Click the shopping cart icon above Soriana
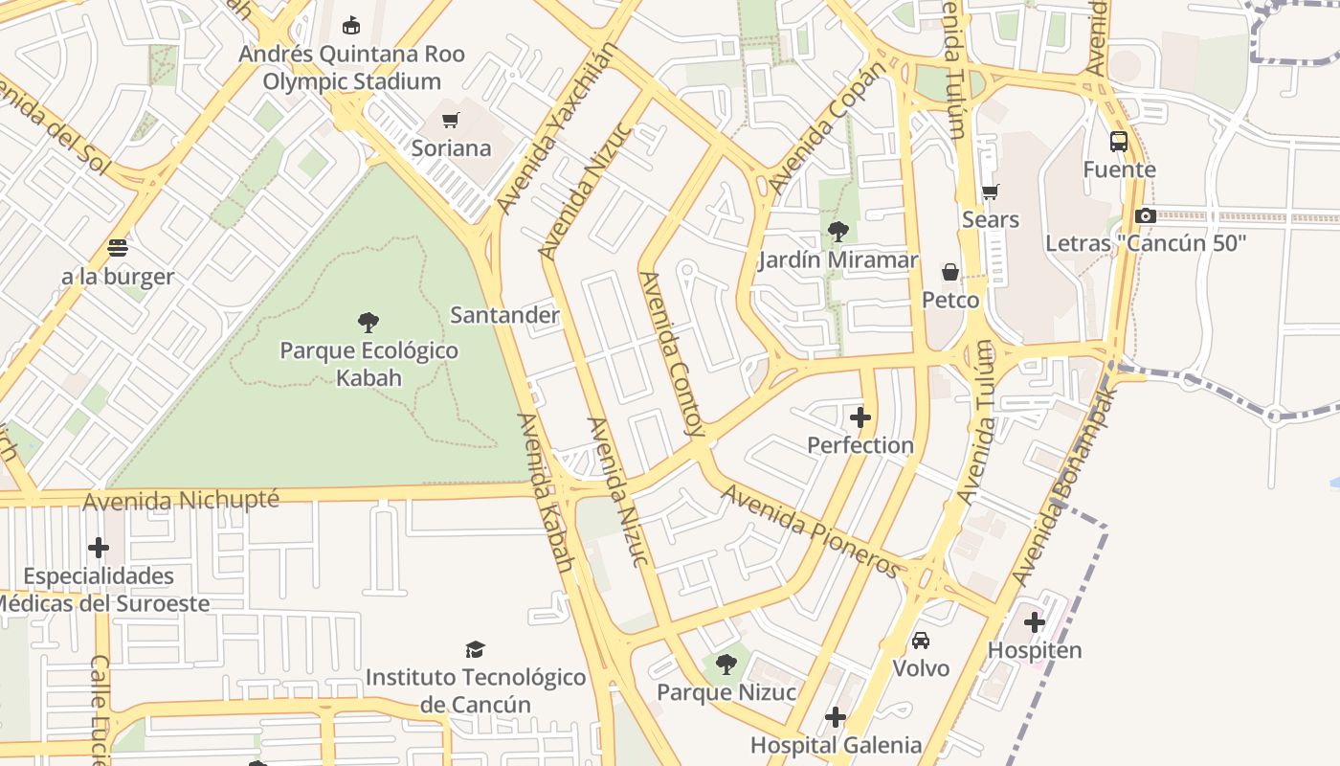coord(450,120)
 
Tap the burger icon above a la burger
coord(118,248)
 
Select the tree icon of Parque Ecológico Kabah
coord(368,322)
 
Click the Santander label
coord(504,315)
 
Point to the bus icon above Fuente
coord(1119,142)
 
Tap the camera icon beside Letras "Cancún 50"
coord(1146,215)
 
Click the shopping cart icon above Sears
coord(991,191)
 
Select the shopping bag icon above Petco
coord(950,272)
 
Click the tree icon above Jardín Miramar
coord(838,231)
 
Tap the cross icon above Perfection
coord(860,417)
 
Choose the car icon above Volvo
coord(921,640)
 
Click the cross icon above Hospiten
coord(1035,622)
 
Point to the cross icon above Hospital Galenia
coord(836,717)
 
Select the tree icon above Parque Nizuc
coord(726,664)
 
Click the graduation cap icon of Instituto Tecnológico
coord(475,649)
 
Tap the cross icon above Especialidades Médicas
coord(99,548)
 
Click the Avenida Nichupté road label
coord(181,501)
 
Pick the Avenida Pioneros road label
coord(811,531)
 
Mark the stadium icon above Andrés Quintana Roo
coord(352,25)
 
